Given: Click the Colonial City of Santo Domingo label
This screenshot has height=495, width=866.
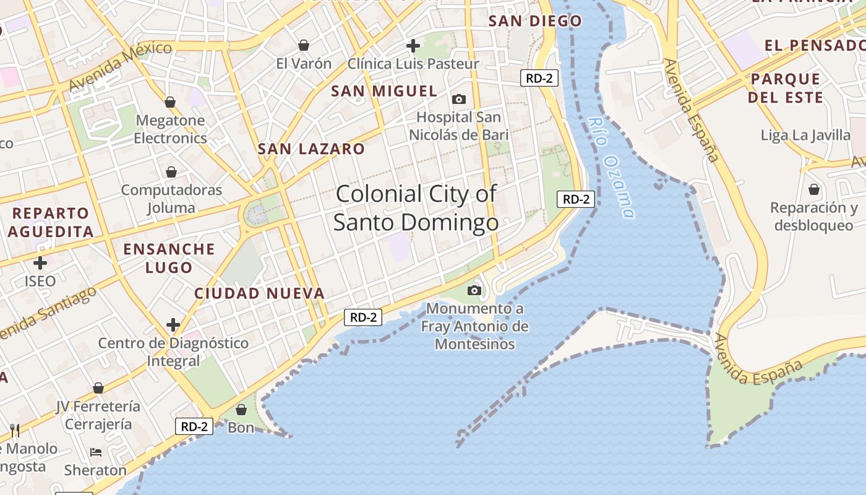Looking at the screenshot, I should pos(416,208).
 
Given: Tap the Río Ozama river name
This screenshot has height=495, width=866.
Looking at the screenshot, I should pos(611,168).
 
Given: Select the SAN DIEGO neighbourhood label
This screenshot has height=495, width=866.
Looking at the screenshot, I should pos(535,21).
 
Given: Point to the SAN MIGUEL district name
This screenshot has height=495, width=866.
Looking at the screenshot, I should pos(384,91).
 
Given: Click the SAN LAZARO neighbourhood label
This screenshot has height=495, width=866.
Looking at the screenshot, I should pos(311,149).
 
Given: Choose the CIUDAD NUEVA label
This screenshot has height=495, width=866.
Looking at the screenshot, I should pos(259,293).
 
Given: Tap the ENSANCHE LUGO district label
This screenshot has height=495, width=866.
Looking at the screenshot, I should pos(169,258).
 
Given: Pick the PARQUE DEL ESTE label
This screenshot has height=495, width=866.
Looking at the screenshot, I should pos(786,88).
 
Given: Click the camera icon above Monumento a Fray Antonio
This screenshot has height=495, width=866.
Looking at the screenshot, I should pos(474,290).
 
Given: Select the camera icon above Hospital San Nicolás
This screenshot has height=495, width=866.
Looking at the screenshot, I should pos(459,99).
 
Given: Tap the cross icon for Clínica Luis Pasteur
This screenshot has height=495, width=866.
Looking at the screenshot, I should pos(413,45).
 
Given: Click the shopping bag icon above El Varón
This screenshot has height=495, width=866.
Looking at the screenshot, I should pos(304,45).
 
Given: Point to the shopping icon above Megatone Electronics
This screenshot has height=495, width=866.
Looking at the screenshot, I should pos(170,102).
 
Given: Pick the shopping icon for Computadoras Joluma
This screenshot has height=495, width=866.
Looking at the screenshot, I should pos(171,172).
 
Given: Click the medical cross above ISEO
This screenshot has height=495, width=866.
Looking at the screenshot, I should pos(40,263).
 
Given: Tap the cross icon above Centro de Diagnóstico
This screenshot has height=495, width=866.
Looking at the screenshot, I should pos(173,325).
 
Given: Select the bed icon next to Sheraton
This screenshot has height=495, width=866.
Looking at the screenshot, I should pos(96,452).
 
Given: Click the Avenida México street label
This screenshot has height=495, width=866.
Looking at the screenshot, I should pos(120,66).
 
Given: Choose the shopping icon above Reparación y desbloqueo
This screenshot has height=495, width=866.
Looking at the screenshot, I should pos(814,189).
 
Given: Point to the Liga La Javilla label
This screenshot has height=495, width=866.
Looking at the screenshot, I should pos(805,135).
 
